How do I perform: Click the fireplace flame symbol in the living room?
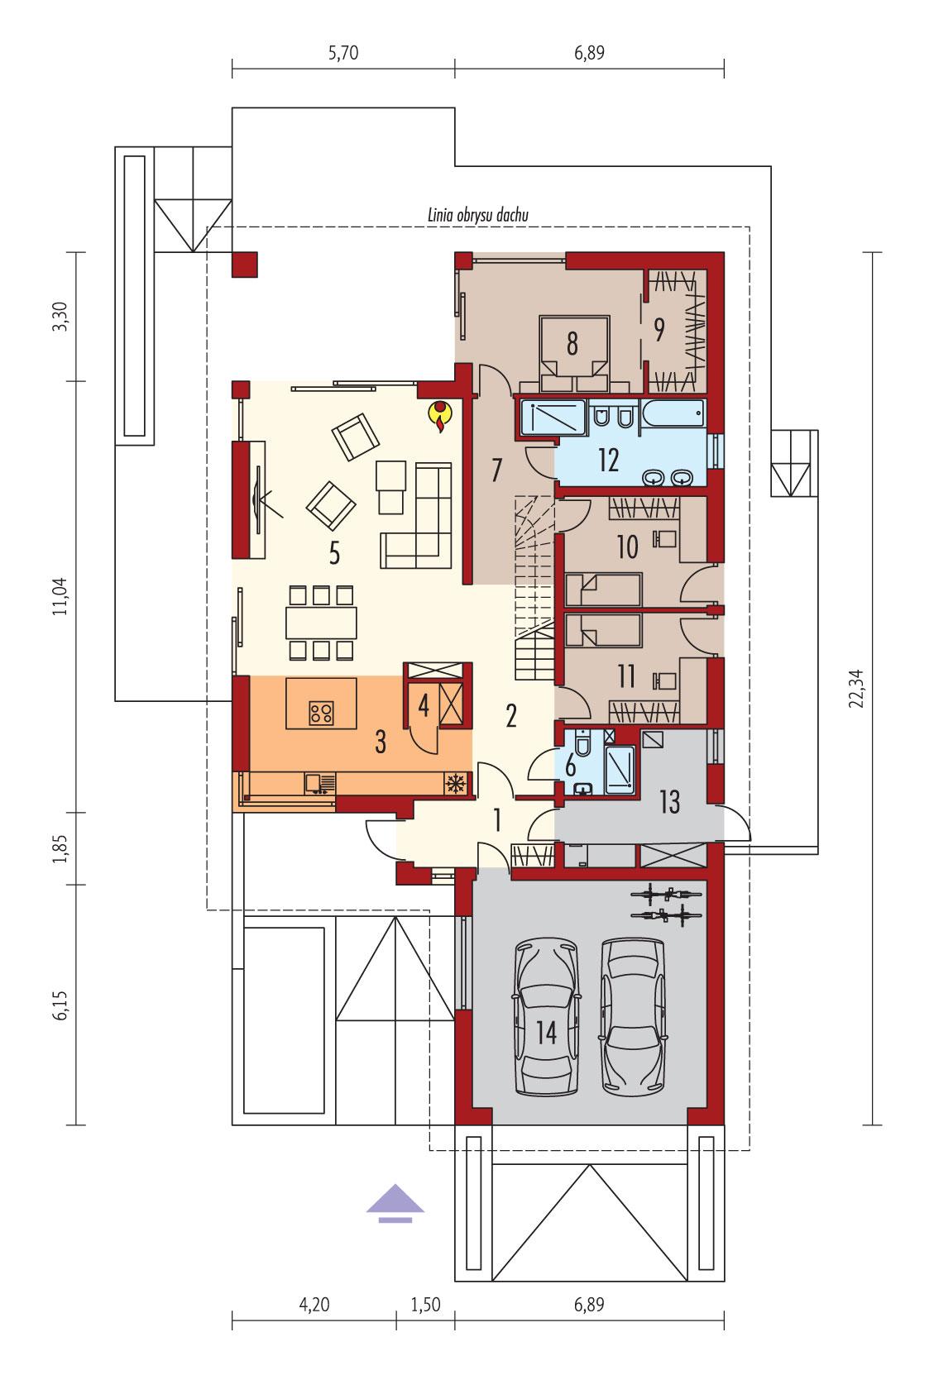click(x=439, y=417)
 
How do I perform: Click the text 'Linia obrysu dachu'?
click(x=473, y=215)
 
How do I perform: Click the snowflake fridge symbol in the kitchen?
click(x=455, y=782)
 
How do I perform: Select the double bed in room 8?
click(x=572, y=354)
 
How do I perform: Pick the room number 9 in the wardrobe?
click(x=659, y=329)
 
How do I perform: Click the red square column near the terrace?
click(x=245, y=265)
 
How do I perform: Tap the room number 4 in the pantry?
click(x=423, y=708)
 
